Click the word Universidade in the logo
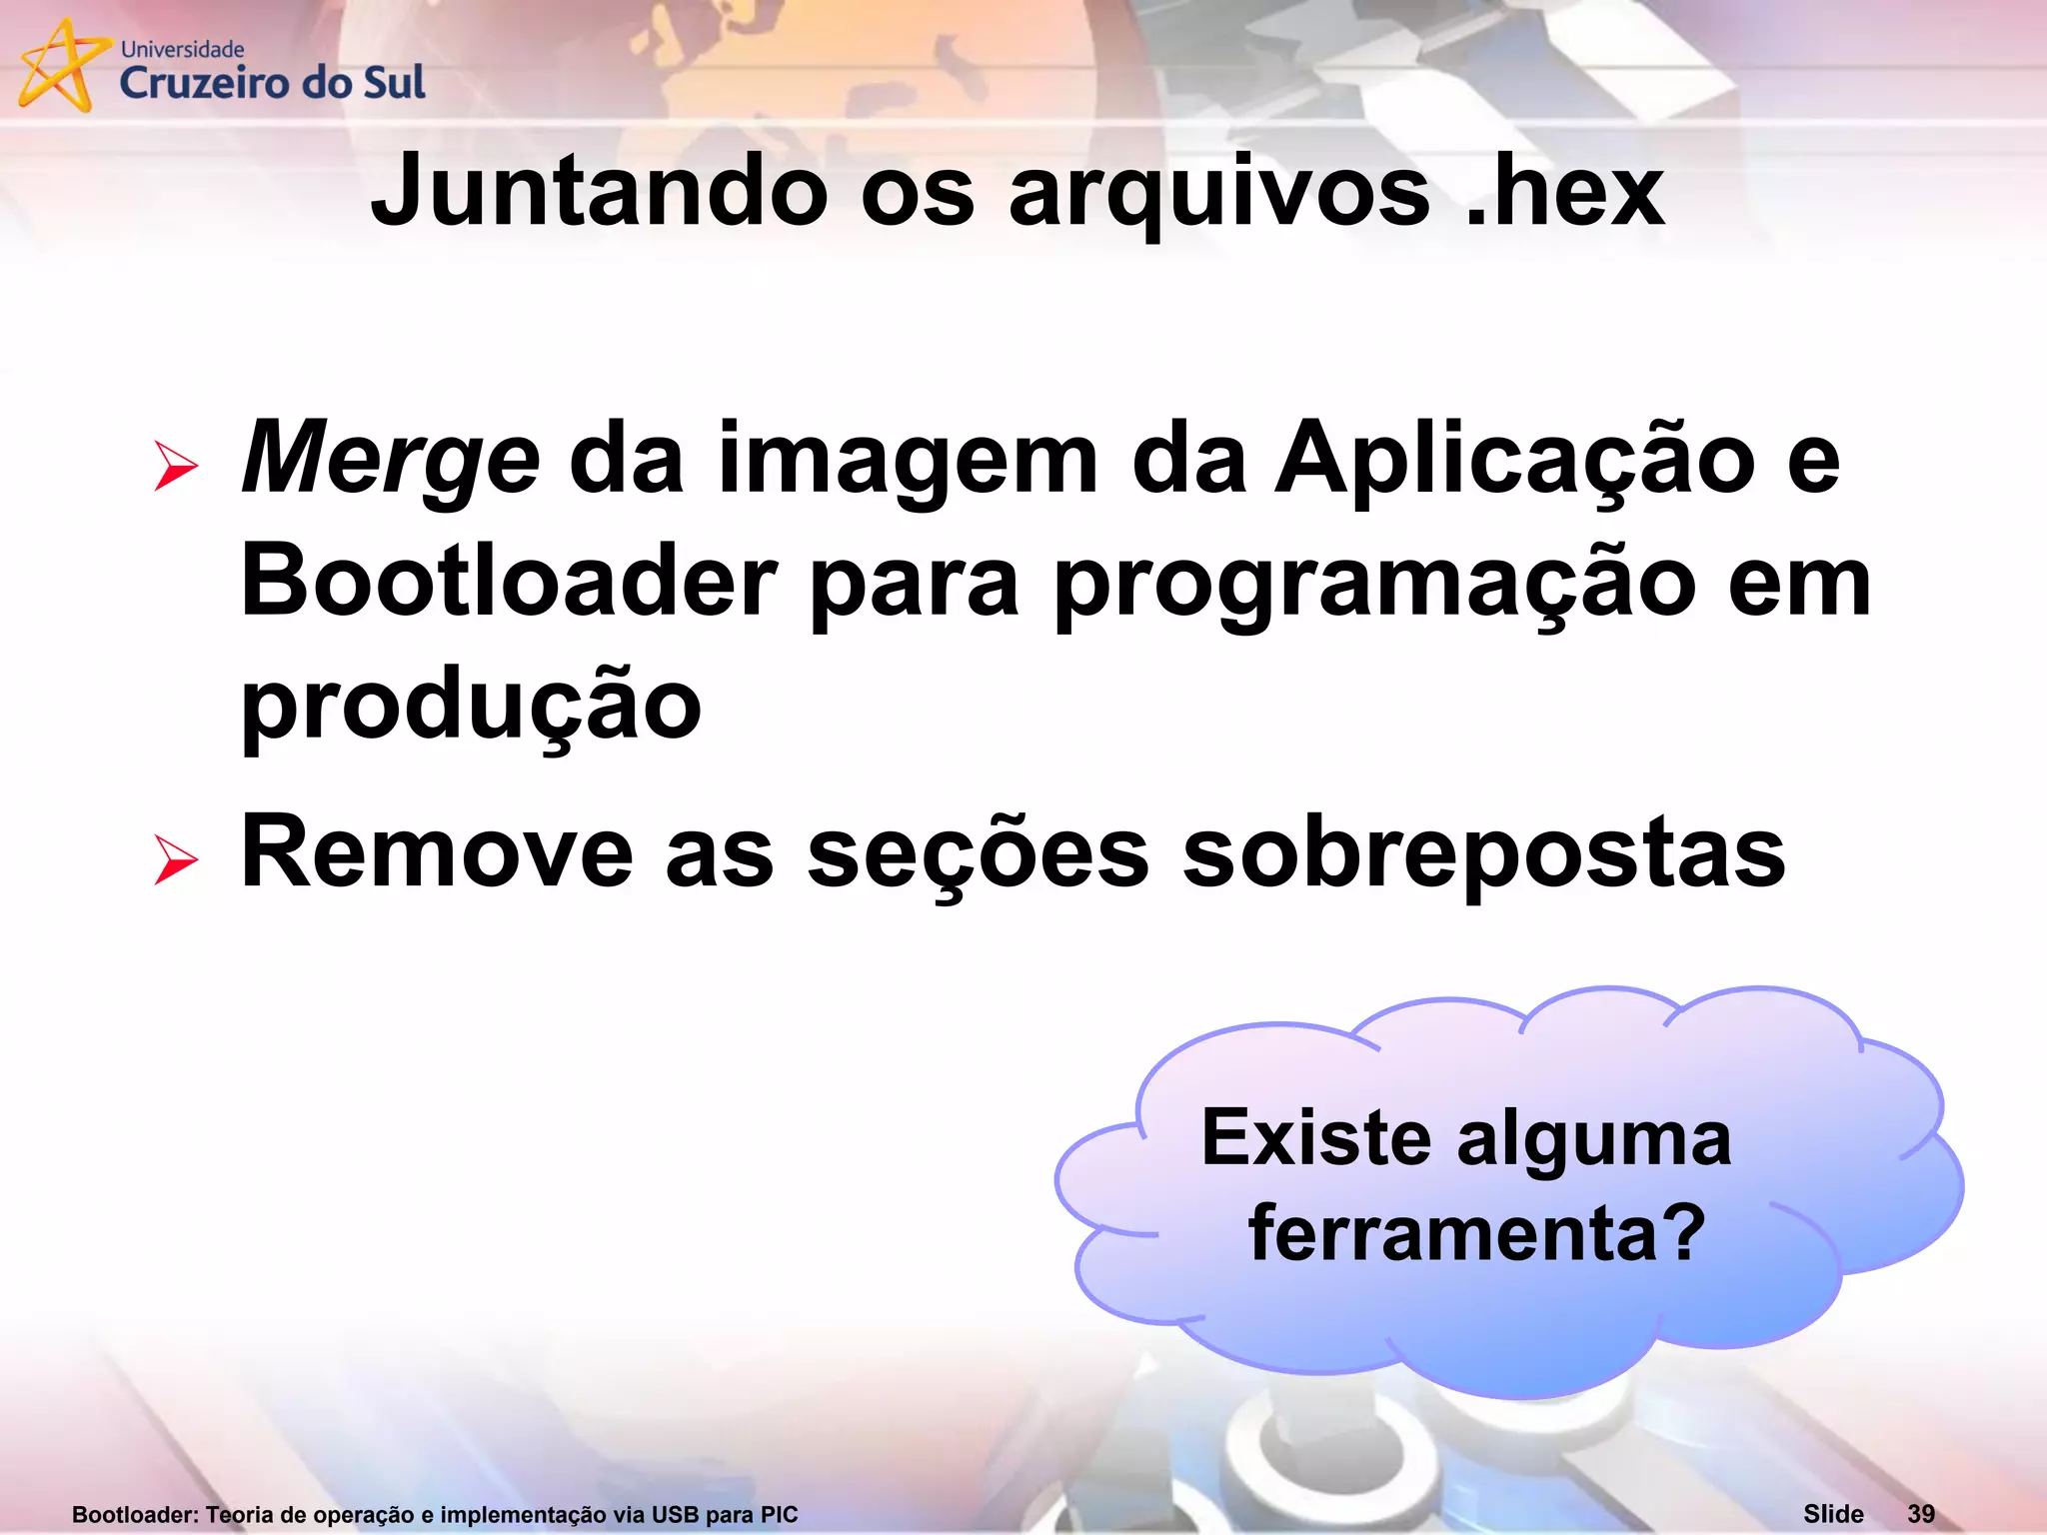(x=182, y=49)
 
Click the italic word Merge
(x=390, y=460)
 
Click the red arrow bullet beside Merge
(x=176, y=467)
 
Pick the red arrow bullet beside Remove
(x=176, y=859)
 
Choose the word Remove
(x=437, y=852)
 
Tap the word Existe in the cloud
(x=1316, y=1137)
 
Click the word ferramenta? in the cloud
(x=1477, y=1233)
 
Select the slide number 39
(x=1921, y=1514)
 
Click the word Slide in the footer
(x=1833, y=1514)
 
